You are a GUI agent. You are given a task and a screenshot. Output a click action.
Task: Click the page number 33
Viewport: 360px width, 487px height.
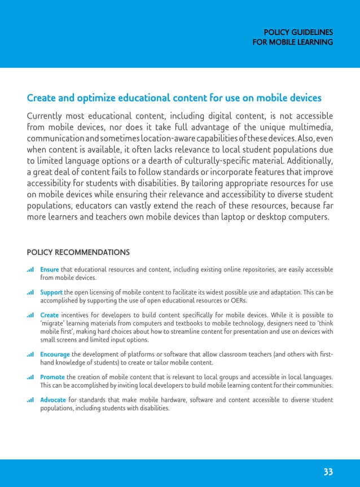point(328,472)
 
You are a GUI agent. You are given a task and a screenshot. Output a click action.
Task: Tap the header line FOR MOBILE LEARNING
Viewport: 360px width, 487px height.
point(293,42)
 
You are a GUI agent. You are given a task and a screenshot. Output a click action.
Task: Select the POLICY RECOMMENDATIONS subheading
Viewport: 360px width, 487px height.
point(78,252)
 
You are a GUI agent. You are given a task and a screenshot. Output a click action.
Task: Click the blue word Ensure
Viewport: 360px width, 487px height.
point(50,270)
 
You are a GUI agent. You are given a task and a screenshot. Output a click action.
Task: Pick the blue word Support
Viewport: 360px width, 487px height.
point(51,292)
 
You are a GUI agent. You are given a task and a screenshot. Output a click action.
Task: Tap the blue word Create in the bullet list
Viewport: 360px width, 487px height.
point(50,315)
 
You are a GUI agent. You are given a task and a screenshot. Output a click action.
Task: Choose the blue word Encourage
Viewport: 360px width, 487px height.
point(55,354)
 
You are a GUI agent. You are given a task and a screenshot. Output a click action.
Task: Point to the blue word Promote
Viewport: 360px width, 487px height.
point(52,377)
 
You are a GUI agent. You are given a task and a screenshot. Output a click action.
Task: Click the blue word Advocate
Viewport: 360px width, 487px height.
point(53,400)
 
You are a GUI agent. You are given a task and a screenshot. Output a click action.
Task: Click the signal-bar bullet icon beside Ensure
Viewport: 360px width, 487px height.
point(30,270)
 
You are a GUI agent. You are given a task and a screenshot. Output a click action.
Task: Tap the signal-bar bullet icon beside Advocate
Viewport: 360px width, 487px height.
point(30,400)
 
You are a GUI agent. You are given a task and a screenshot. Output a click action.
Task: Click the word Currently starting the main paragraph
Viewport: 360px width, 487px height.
point(50,116)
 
